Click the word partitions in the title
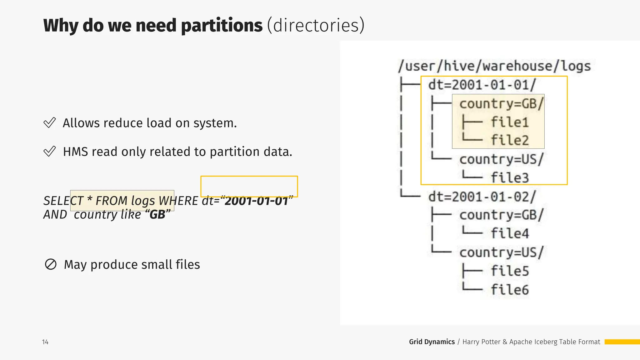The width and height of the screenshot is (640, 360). point(222,26)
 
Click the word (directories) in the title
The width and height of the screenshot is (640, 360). point(316,26)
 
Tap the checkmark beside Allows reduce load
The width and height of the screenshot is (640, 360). point(50,123)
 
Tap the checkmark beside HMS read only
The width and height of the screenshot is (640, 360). point(50,152)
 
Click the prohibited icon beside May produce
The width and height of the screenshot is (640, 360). point(51,264)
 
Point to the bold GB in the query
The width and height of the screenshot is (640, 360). point(157,215)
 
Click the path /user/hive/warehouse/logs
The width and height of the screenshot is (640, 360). point(494,66)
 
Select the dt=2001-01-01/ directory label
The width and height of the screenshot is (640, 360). point(482,85)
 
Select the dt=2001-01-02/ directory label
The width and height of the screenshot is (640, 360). point(482,197)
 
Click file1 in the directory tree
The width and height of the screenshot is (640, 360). point(509,122)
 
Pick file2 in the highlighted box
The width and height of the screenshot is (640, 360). point(509,140)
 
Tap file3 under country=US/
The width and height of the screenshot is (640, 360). point(509,177)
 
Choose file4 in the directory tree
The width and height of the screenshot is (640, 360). point(509,233)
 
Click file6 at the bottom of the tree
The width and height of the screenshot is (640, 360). point(509,290)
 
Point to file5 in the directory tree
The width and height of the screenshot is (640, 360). point(509,271)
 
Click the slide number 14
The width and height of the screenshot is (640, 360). point(45,342)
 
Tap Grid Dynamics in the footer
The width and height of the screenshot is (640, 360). point(432,342)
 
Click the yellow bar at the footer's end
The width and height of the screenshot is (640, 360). point(622,342)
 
